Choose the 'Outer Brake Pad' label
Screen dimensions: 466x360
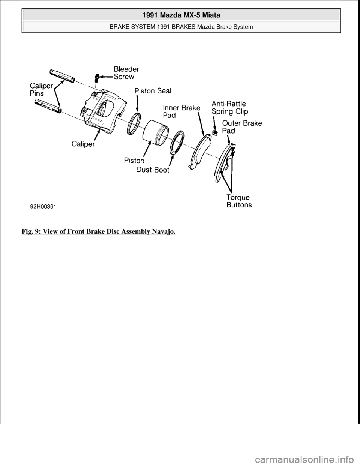[242, 126]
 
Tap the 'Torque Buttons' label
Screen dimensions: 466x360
[239, 201]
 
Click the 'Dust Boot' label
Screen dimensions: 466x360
[153, 170]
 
